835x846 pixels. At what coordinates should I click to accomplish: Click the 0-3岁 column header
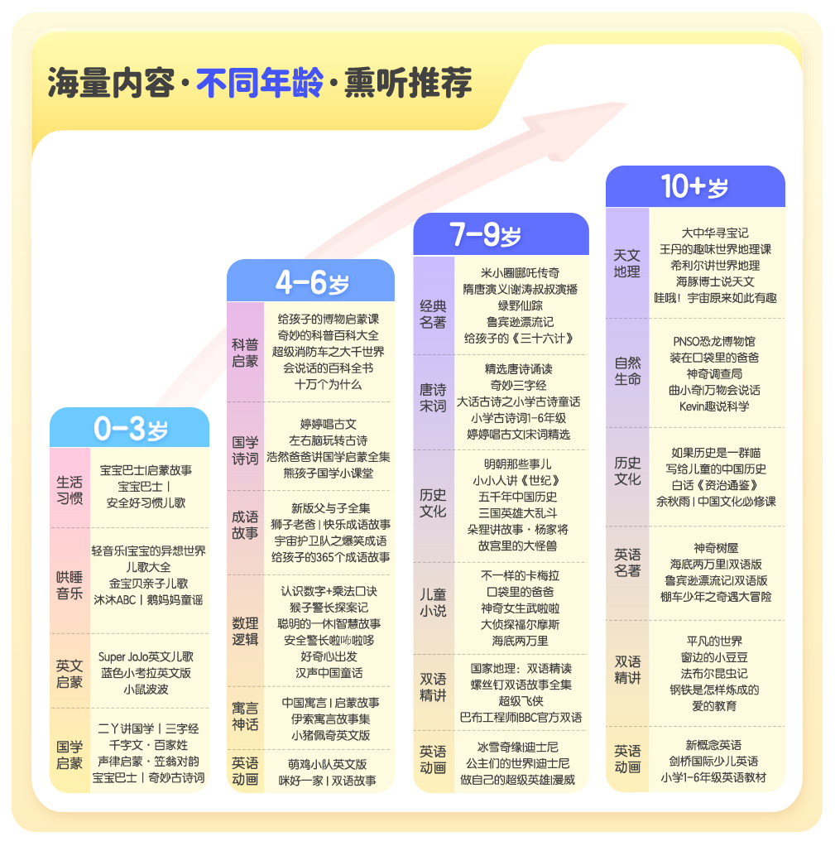click(x=130, y=428)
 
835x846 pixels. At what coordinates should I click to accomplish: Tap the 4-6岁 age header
click(x=311, y=281)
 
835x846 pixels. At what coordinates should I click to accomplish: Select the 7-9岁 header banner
click(x=500, y=235)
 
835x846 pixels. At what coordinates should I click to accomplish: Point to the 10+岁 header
click(x=695, y=187)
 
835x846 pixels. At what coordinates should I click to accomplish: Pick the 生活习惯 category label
click(x=70, y=489)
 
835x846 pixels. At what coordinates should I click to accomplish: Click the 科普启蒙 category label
click(x=245, y=353)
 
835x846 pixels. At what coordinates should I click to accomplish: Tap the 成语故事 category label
click(x=245, y=525)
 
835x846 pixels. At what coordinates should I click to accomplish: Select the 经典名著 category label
click(x=433, y=315)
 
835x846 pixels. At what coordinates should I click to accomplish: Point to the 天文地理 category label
click(x=626, y=263)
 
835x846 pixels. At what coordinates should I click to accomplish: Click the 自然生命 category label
click(x=626, y=371)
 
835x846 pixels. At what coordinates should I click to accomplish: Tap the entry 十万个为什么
click(x=328, y=384)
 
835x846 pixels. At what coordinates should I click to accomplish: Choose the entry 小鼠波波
click(x=146, y=689)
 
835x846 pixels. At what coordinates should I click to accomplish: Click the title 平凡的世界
click(x=714, y=641)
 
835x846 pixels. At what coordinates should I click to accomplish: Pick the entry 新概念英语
click(x=713, y=745)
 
